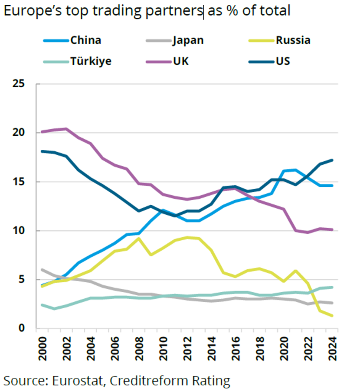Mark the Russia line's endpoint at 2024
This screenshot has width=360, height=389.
pos(331,316)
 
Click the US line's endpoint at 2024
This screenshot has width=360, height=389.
pos(331,160)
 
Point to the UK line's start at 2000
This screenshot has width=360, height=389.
pos(42,132)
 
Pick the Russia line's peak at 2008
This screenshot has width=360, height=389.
pos(138,239)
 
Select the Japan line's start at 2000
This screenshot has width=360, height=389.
pos(42,270)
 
